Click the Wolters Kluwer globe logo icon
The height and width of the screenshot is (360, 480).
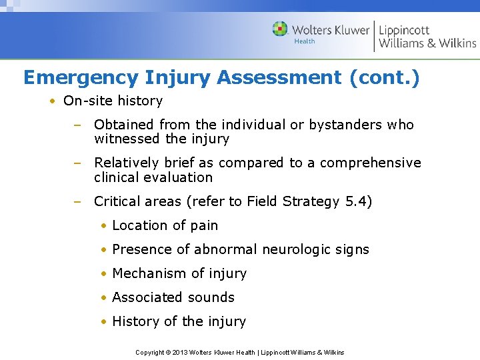280,29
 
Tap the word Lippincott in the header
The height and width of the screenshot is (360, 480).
404,29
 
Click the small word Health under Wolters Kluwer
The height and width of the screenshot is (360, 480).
305,41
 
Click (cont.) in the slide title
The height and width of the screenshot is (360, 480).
384,77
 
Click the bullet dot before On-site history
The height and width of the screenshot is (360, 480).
51,101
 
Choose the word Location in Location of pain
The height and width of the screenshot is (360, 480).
137,225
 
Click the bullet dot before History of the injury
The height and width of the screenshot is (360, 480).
105,321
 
